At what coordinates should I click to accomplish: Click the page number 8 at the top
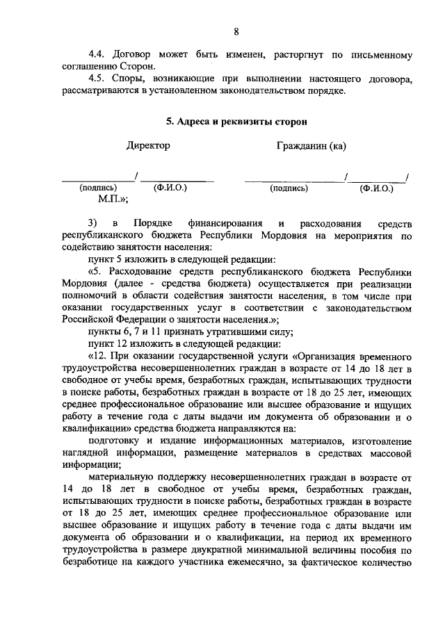(x=236, y=31)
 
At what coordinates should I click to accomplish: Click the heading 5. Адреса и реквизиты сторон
(x=236, y=121)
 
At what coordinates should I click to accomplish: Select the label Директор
(x=147, y=146)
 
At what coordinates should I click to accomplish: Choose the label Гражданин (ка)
(x=311, y=146)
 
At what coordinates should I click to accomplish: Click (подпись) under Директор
(x=98, y=188)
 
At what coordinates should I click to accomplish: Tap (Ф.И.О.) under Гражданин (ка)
(x=376, y=188)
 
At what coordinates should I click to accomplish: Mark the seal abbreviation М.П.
(x=111, y=199)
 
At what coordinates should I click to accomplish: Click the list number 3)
(x=94, y=224)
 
